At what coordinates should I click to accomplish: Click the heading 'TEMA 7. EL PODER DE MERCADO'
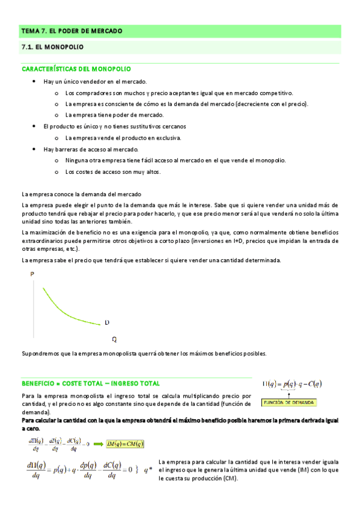[x=72, y=31]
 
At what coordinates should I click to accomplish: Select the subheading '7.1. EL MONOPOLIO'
[x=52, y=46]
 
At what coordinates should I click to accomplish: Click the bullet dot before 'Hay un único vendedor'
[x=34, y=81]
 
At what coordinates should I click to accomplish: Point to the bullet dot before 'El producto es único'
[x=34, y=126]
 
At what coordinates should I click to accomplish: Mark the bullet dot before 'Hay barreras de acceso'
[x=34, y=149]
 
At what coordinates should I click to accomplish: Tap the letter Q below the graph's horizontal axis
[x=114, y=339]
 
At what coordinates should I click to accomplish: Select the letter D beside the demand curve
[x=107, y=323]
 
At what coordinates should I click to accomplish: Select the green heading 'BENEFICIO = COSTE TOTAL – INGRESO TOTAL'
[x=91, y=383]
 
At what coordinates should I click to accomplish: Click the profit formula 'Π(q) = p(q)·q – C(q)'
[x=292, y=384]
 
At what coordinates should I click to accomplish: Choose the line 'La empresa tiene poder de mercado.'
[x=106, y=115]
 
